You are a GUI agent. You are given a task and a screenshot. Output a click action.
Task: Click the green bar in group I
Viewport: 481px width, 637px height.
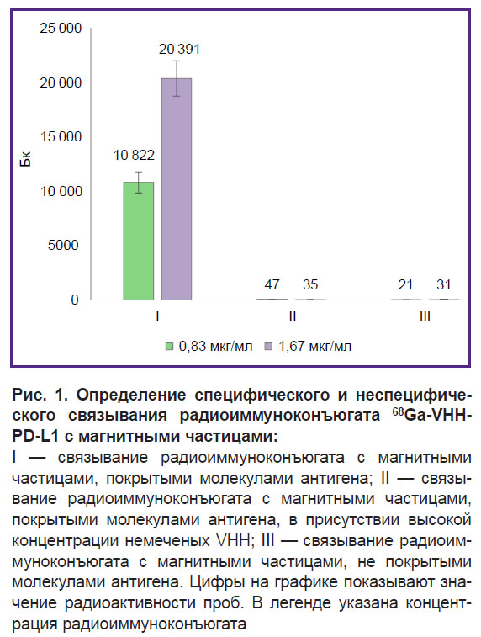(x=139, y=241)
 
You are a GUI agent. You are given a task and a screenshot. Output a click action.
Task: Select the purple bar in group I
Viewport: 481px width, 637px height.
(x=177, y=188)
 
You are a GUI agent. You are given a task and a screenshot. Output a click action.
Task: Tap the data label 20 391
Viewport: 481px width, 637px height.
(x=179, y=49)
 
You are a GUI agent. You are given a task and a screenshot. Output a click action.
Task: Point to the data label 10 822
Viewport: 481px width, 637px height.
(x=134, y=155)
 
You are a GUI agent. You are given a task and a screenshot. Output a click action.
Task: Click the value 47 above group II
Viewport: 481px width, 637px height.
(x=272, y=284)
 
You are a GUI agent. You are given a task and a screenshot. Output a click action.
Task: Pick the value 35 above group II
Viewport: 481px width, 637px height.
(x=310, y=284)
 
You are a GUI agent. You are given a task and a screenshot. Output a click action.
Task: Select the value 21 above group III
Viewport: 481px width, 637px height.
(x=405, y=284)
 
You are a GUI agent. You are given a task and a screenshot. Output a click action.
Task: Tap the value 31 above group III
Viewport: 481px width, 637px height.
(x=444, y=284)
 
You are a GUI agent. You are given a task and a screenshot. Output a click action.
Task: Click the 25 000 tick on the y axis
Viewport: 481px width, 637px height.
(x=61, y=28)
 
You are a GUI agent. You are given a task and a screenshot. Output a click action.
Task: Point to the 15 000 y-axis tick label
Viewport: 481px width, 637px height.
(x=61, y=136)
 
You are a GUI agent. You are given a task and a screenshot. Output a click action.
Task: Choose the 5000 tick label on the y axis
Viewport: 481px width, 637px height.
(x=63, y=245)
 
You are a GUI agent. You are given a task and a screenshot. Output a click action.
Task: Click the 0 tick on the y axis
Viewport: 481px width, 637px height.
(x=75, y=300)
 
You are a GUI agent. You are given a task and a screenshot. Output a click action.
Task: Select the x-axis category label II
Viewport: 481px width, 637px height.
(x=293, y=316)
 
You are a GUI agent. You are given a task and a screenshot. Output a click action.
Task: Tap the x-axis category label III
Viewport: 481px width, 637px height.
(x=425, y=316)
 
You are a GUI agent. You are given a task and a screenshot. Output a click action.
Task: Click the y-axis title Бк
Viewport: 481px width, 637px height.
(x=25, y=161)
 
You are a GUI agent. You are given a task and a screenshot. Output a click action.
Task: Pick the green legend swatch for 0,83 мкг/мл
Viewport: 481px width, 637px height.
(x=170, y=347)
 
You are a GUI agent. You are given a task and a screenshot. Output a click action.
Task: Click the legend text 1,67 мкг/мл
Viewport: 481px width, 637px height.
(x=314, y=347)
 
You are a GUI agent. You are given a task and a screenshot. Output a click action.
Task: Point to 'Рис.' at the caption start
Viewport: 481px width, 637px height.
(x=27, y=395)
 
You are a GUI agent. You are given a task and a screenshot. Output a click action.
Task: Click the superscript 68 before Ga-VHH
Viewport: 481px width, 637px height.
(x=399, y=412)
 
